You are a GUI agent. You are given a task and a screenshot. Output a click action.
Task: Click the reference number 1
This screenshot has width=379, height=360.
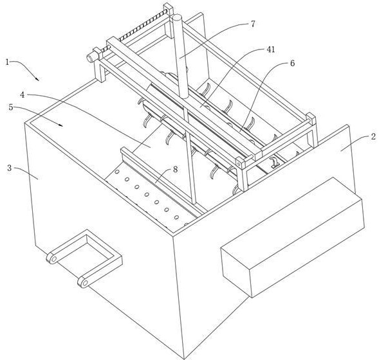(x=7, y=62)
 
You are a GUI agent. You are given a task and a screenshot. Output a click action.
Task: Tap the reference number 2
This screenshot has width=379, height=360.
(x=374, y=137)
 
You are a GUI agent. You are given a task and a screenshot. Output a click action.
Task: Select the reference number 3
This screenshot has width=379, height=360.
(x=10, y=168)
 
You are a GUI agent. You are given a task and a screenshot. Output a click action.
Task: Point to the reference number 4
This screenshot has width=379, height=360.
(x=23, y=95)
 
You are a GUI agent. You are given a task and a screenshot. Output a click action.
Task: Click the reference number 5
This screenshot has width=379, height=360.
(x=11, y=107)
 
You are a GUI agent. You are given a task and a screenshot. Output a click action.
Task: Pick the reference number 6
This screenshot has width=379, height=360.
(x=293, y=63)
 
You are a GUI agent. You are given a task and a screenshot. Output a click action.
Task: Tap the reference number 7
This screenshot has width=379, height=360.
(x=253, y=24)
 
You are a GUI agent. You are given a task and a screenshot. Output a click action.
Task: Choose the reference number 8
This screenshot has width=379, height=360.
(x=175, y=169)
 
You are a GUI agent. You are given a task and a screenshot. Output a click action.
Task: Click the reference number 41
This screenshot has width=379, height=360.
(x=270, y=50)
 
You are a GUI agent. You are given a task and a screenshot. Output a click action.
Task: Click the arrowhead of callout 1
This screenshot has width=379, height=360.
(x=37, y=78)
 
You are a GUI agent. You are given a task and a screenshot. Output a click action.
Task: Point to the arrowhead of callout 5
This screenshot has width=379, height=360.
(x=60, y=125)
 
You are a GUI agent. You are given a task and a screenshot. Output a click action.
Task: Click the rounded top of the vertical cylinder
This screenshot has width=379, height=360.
(x=177, y=17)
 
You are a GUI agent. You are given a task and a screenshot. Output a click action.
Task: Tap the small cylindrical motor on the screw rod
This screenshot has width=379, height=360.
(x=90, y=58)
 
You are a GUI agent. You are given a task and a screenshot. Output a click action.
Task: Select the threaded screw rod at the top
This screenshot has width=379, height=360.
(x=135, y=30)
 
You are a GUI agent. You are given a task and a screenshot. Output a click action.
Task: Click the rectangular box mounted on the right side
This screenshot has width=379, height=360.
(x=293, y=237)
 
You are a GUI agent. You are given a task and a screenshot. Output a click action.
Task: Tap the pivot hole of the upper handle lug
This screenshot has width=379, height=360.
(x=53, y=259)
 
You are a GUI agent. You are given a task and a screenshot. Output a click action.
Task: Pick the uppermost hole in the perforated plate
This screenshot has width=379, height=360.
(x=117, y=172)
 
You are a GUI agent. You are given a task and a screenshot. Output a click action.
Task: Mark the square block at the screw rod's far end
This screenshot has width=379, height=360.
(x=169, y=9)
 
